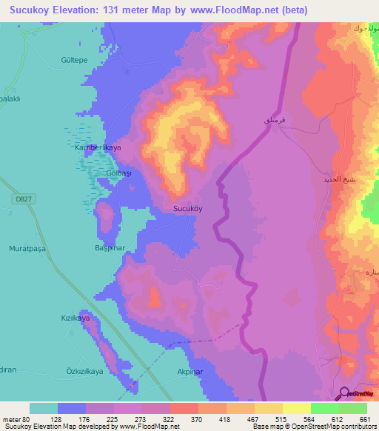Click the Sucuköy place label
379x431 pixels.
pos(188,209)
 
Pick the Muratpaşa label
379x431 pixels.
pos(27,249)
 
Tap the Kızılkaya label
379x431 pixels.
pos(75,318)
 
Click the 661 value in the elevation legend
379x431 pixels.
pos(364,420)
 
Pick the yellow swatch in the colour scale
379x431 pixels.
pos(296,408)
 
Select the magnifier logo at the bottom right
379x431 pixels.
pos(343,393)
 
